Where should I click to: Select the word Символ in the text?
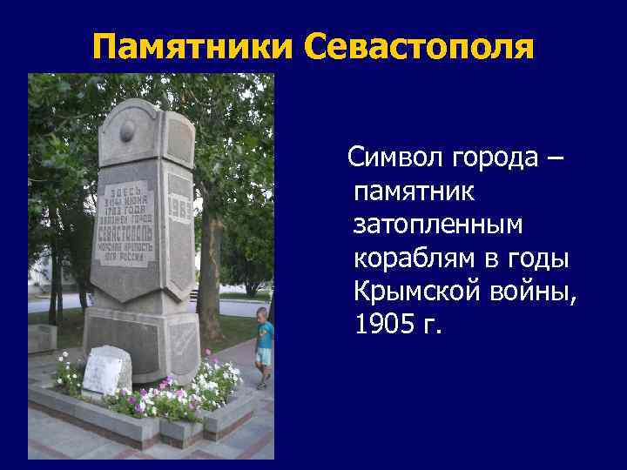point(395,158)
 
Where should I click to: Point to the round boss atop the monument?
point(127,131)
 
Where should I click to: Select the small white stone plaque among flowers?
point(104,371)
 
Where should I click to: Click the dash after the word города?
point(556,159)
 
